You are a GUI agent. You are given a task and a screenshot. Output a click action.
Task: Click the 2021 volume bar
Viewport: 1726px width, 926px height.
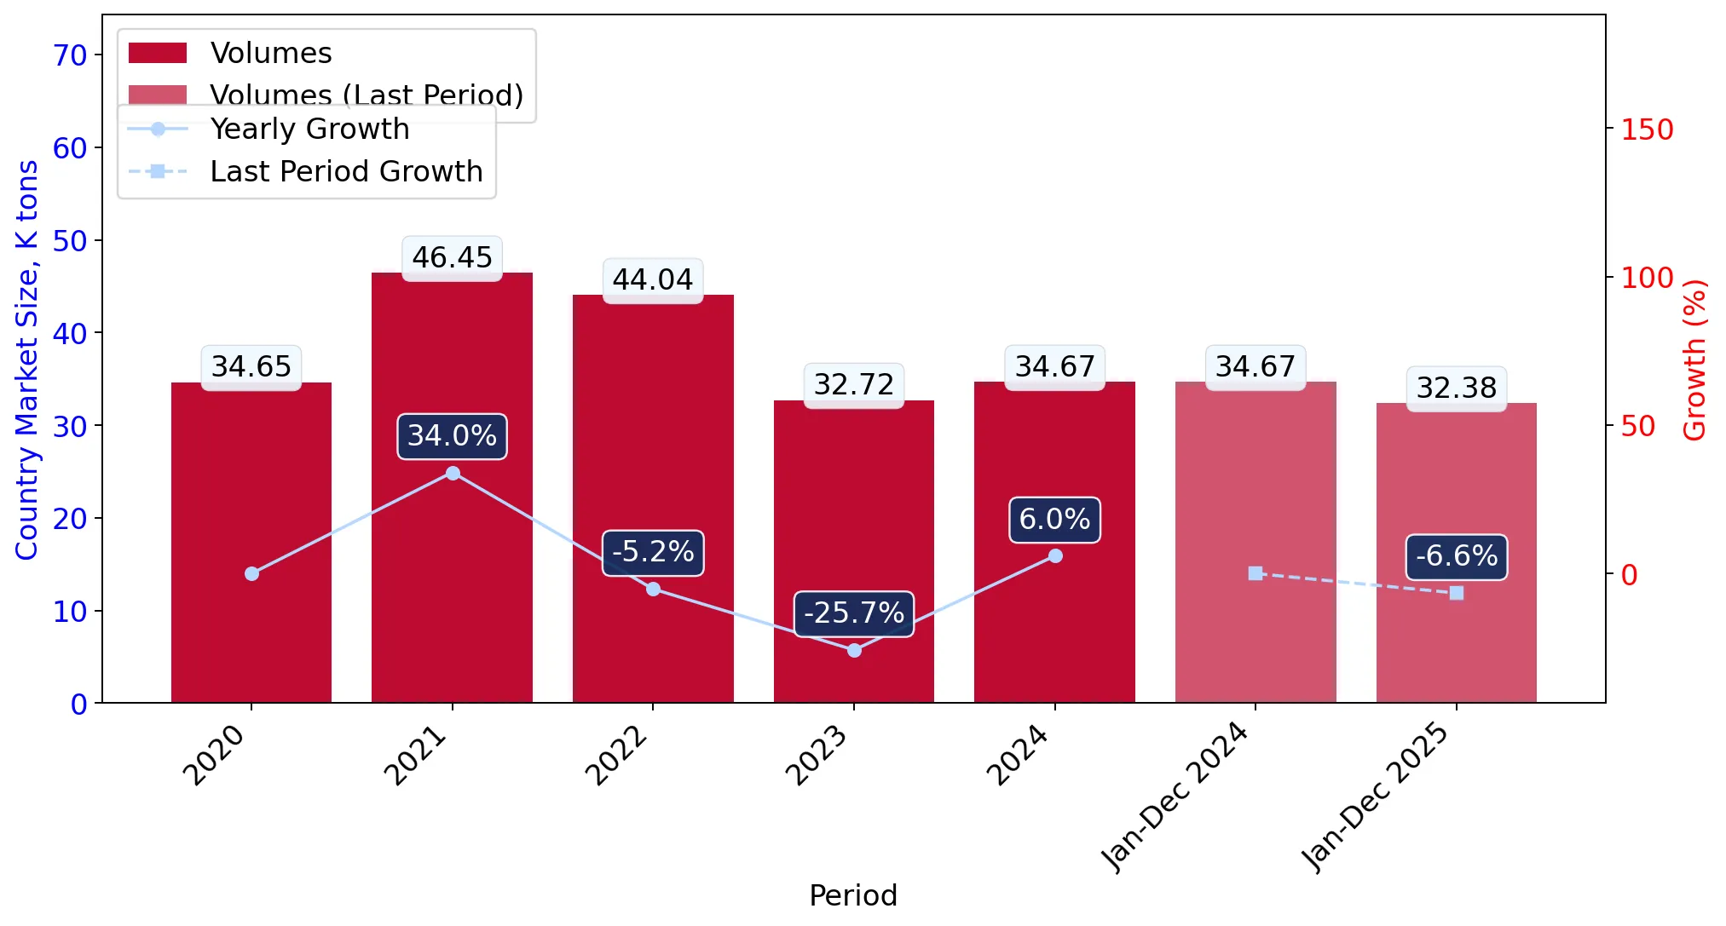pyautogui.click(x=452, y=487)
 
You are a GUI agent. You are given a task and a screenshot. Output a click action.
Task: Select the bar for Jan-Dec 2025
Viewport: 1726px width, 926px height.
pyautogui.click(x=1456, y=553)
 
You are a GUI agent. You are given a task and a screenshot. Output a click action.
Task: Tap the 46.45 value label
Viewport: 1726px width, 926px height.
pyautogui.click(x=452, y=257)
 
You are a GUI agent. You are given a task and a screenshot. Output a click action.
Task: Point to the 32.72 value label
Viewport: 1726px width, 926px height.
pyautogui.click(x=854, y=385)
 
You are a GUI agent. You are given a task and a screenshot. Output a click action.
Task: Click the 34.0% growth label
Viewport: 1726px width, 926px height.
pyautogui.click(x=452, y=436)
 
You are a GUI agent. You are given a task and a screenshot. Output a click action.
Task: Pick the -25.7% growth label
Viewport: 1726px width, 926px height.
pyautogui.click(x=854, y=613)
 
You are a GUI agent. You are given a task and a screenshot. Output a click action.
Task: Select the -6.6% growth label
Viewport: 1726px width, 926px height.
pyautogui.click(x=1457, y=556)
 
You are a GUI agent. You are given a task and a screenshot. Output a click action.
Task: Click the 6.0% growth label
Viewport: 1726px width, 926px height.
pyautogui.click(x=1054, y=520)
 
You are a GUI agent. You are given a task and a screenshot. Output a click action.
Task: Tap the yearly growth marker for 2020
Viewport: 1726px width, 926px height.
pyautogui.click(x=251, y=573)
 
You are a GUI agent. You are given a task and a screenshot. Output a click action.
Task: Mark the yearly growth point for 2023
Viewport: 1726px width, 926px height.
pyautogui.click(x=854, y=650)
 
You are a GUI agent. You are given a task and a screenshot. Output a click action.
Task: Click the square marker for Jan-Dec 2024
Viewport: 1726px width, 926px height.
pyautogui.click(x=1256, y=573)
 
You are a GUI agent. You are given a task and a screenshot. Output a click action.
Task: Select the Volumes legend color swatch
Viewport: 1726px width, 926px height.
pyautogui.click(x=158, y=53)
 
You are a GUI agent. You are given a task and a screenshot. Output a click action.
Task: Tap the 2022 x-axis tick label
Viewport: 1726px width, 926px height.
pyautogui.click(x=617, y=756)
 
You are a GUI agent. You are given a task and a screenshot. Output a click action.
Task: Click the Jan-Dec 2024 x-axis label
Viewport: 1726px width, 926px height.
pyautogui.click(x=1175, y=797)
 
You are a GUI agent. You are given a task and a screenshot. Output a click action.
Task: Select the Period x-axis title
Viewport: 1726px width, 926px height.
pyautogui.click(x=853, y=896)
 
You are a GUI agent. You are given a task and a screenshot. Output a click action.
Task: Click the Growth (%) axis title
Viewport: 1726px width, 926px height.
pyautogui.click(x=1695, y=359)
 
